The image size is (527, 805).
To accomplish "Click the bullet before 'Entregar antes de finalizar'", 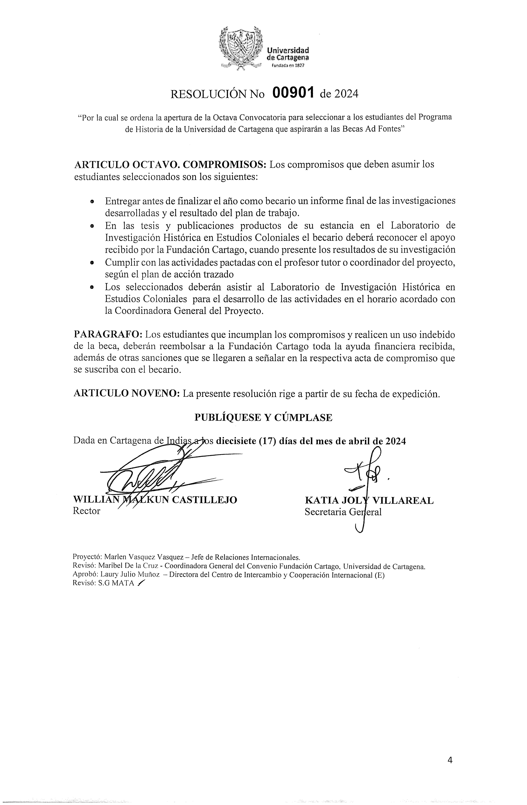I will pos(92,202).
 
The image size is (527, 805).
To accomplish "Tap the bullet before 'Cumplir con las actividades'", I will pos(92,262).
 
